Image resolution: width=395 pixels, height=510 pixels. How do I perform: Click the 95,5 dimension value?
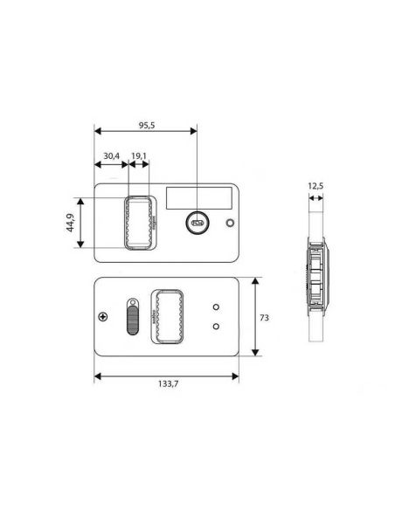tap(145, 125)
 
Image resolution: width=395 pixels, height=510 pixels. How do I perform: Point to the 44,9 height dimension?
tap(69, 224)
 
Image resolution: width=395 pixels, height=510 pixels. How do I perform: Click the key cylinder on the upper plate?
tap(197, 224)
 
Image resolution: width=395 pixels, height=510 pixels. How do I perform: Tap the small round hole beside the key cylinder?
tap(230, 223)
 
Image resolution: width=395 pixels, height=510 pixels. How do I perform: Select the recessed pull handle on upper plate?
tap(139, 223)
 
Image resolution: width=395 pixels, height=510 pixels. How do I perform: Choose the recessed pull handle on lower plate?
tap(167, 315)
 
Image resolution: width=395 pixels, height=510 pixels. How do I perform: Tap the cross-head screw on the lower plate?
tap(104, 316)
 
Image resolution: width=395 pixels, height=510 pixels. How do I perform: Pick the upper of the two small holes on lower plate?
tap(215, 307)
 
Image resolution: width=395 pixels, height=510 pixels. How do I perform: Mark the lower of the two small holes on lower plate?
tap(215, 326)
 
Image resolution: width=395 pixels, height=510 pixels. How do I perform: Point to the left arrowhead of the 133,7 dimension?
tap(97, 376)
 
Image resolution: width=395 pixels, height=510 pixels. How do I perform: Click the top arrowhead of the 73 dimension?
tap(254, 282)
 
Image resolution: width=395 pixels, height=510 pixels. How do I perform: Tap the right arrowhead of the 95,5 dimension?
tap(193, 132)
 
